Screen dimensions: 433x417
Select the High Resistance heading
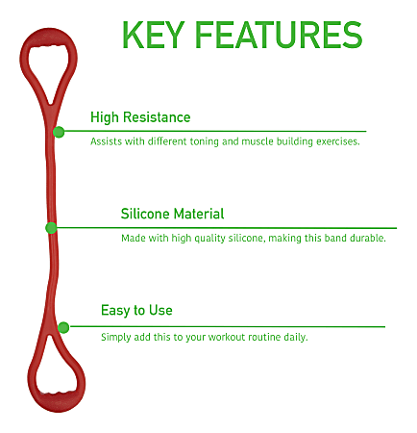140,117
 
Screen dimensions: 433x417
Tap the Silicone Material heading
172,214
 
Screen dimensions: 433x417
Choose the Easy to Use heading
136,311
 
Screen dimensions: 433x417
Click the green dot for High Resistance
60,132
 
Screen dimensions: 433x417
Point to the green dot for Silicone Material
51,228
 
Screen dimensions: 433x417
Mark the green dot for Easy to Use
63,327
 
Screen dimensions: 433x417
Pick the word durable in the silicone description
368,238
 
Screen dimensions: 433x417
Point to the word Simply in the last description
115,337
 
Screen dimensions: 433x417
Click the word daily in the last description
321,337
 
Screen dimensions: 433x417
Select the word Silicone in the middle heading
146,214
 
